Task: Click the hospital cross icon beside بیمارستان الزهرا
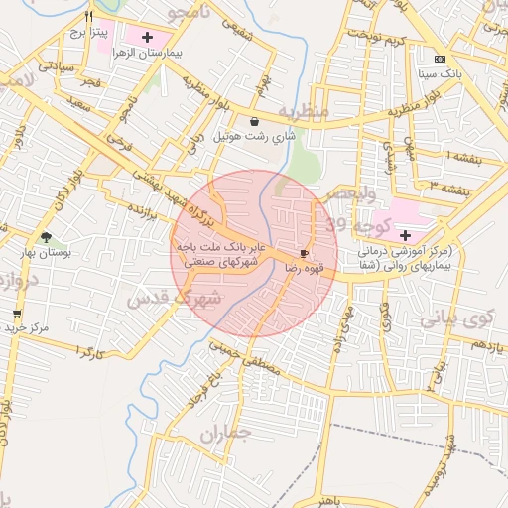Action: coord(149,37)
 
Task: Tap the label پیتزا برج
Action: coord(87,33)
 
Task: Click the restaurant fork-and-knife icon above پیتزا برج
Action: coord(89,16)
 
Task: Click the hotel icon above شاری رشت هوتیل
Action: coord(256,121)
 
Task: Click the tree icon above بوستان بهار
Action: coord(46,237)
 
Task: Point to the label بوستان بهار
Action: coord(40,253)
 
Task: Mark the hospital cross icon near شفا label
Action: coord(405,235)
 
